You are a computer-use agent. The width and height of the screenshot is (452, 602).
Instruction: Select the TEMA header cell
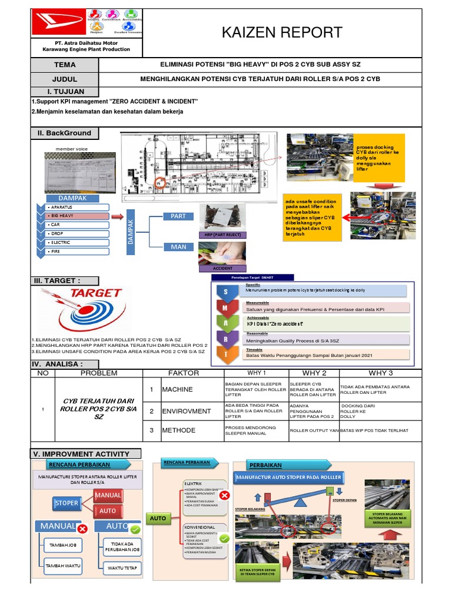pos(65,65)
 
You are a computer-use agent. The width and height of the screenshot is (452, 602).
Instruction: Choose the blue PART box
pos(178,216)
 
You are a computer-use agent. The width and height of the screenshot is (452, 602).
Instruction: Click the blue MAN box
pos(178,247)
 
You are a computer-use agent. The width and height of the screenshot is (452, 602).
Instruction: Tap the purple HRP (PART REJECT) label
pos(222,235)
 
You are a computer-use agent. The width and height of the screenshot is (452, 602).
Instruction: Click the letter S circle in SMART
pos(224,292)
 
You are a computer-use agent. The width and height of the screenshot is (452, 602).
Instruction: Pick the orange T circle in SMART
pos(224,354)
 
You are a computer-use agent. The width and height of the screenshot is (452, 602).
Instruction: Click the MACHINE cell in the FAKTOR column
pos(178,390)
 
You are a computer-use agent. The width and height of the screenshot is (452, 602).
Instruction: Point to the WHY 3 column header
pos(380,373)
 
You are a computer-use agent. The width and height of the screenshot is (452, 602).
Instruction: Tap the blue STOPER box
pos(66,503)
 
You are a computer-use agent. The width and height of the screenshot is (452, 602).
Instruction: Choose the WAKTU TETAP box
pos(122,568)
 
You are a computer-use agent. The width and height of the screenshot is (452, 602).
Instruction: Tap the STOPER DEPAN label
pos(345,500)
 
